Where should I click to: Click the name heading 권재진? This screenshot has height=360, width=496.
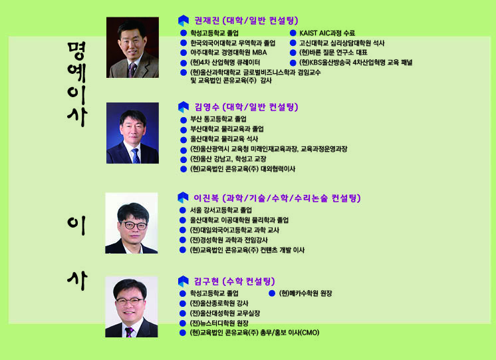[x=207, y=21]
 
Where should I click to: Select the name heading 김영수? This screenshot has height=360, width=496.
[x=207, y=107]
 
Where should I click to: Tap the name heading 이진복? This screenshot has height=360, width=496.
[x=206, y=198]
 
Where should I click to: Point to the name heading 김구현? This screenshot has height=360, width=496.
[x=206, y=281]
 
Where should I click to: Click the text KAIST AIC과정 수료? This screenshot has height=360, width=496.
[x=327, y=33]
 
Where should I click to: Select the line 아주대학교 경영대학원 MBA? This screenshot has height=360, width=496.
[x=229, y=53]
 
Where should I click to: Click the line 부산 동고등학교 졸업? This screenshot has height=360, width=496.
[x=218, y=119]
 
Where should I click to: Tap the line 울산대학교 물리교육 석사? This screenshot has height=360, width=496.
[x=224, y=139]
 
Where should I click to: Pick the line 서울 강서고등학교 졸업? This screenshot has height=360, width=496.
[x=221, y=210]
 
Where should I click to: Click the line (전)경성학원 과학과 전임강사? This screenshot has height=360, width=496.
[x=229, y=240]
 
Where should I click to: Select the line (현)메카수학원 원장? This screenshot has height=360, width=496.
[x=305, y=293]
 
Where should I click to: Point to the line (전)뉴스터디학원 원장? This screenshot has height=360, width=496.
[x=219, y=323]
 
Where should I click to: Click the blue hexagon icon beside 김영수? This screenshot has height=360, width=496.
[x=184, y=107]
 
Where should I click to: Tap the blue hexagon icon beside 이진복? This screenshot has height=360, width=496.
[x=183, y=198]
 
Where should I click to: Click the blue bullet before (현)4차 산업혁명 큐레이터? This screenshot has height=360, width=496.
[x=184, y=63]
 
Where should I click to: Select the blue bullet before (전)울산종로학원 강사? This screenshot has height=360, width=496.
[x=183, y=303]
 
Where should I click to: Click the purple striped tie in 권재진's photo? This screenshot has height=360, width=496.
[x=132, y=70]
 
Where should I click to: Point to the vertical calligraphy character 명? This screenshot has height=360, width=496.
[x=76, y=51]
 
